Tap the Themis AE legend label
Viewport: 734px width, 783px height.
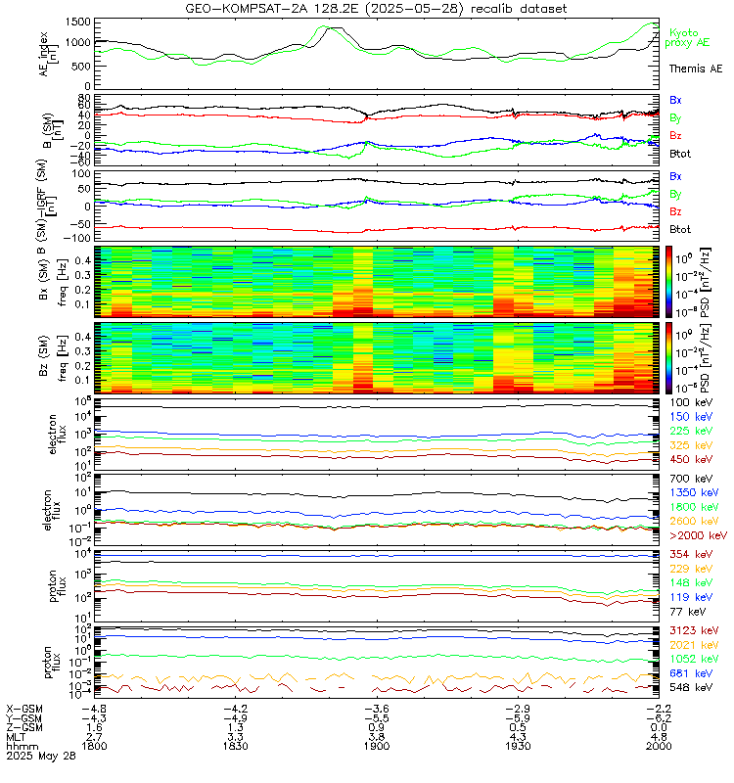click(695, 69)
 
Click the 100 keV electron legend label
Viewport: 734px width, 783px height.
click(690, 402)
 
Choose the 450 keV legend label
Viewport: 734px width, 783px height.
click(690, 458)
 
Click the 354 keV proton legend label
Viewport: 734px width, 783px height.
click(690, 555)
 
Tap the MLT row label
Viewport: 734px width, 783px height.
click(17, 736)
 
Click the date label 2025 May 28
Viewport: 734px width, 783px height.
click(39, 756)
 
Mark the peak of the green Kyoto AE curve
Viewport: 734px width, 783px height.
click(330, 27)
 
